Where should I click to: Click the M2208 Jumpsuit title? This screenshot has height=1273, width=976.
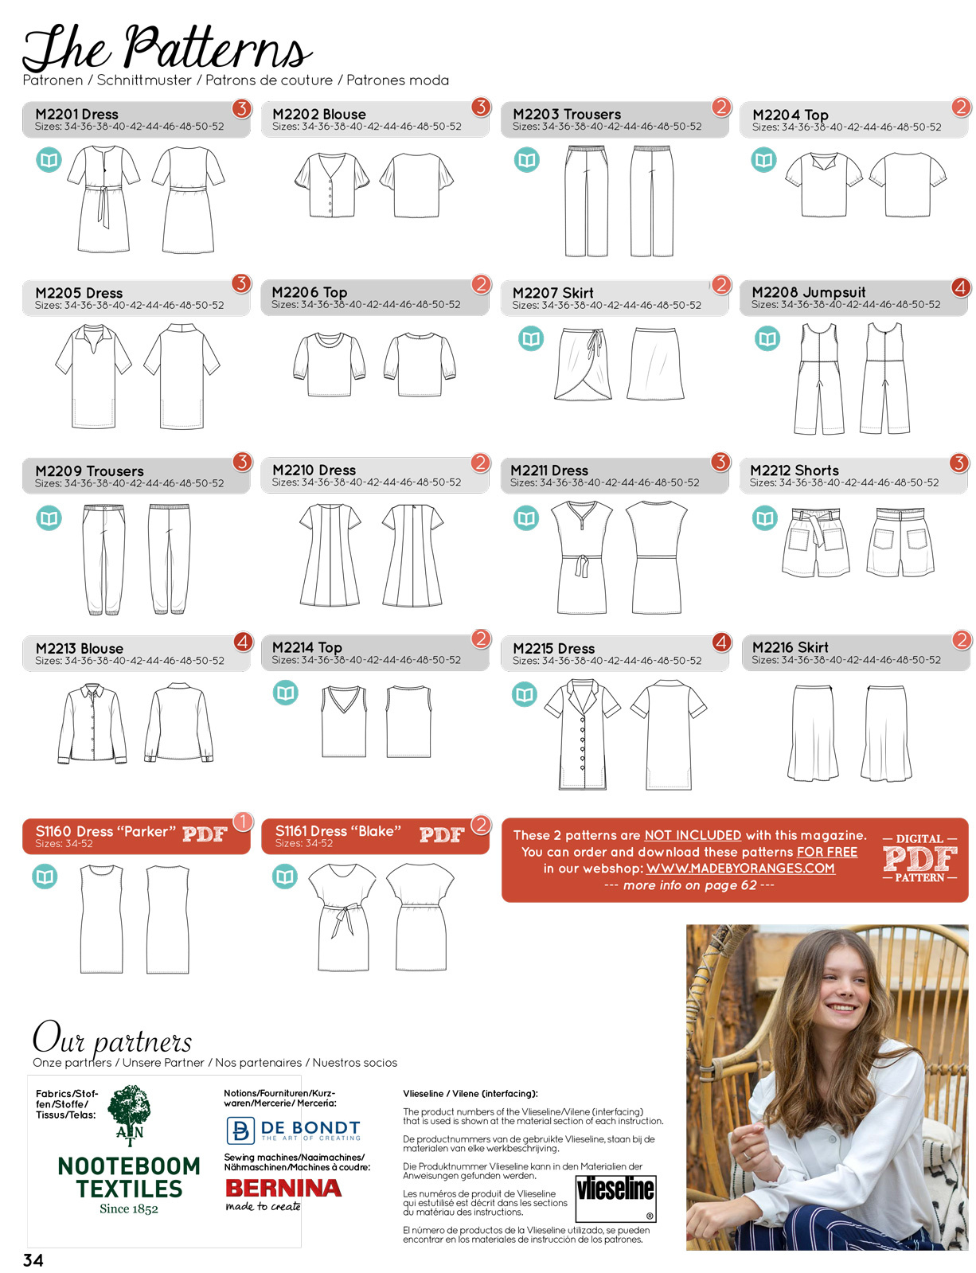(x=808, y=291)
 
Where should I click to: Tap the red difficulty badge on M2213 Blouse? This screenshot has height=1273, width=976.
(x=243, y=642)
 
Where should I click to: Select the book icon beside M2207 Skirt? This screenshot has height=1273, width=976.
(x=531, y=338)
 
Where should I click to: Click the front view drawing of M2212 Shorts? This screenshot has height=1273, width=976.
(x=815, y=542)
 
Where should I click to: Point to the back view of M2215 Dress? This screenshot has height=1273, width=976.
(x=669, y=735)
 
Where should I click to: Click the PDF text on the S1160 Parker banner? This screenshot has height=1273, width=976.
(x=205, y=834)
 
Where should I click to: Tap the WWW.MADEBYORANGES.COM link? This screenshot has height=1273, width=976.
(x=740, y=869)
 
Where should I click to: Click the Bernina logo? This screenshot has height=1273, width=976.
(x=283, y=1193)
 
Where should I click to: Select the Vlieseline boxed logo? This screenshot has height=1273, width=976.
(x=615, y=1198)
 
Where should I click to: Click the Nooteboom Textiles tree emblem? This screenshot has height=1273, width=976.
(x=130, y=1114)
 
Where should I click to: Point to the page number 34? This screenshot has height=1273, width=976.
(x=33, y=1260)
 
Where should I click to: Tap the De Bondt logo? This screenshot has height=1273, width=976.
(x=293, y=1130)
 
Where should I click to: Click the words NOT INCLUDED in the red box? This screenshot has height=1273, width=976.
(x=693, y=835)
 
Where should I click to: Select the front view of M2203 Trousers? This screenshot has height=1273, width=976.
(x=586, y=201)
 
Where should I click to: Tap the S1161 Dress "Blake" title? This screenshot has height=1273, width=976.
(x=338, y=830)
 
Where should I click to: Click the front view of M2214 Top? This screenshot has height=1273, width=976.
(x=343, y=721)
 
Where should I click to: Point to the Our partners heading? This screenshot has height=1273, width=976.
(x=112, y=1039)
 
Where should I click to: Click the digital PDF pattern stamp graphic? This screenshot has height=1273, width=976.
(x=919, y=858)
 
